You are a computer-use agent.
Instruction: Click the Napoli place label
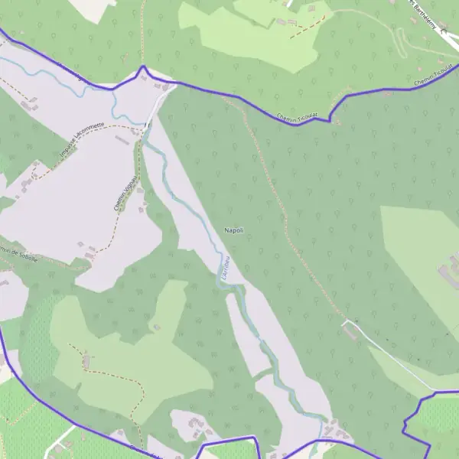[x=234, y=230]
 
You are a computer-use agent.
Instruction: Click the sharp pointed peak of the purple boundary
[x=142, y=67]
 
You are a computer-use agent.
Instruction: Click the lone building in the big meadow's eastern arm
[x=156, y=327]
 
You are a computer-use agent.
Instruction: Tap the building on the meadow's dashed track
[x=86, y=359]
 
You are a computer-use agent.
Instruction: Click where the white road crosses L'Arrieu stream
[x=147, y=122]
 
